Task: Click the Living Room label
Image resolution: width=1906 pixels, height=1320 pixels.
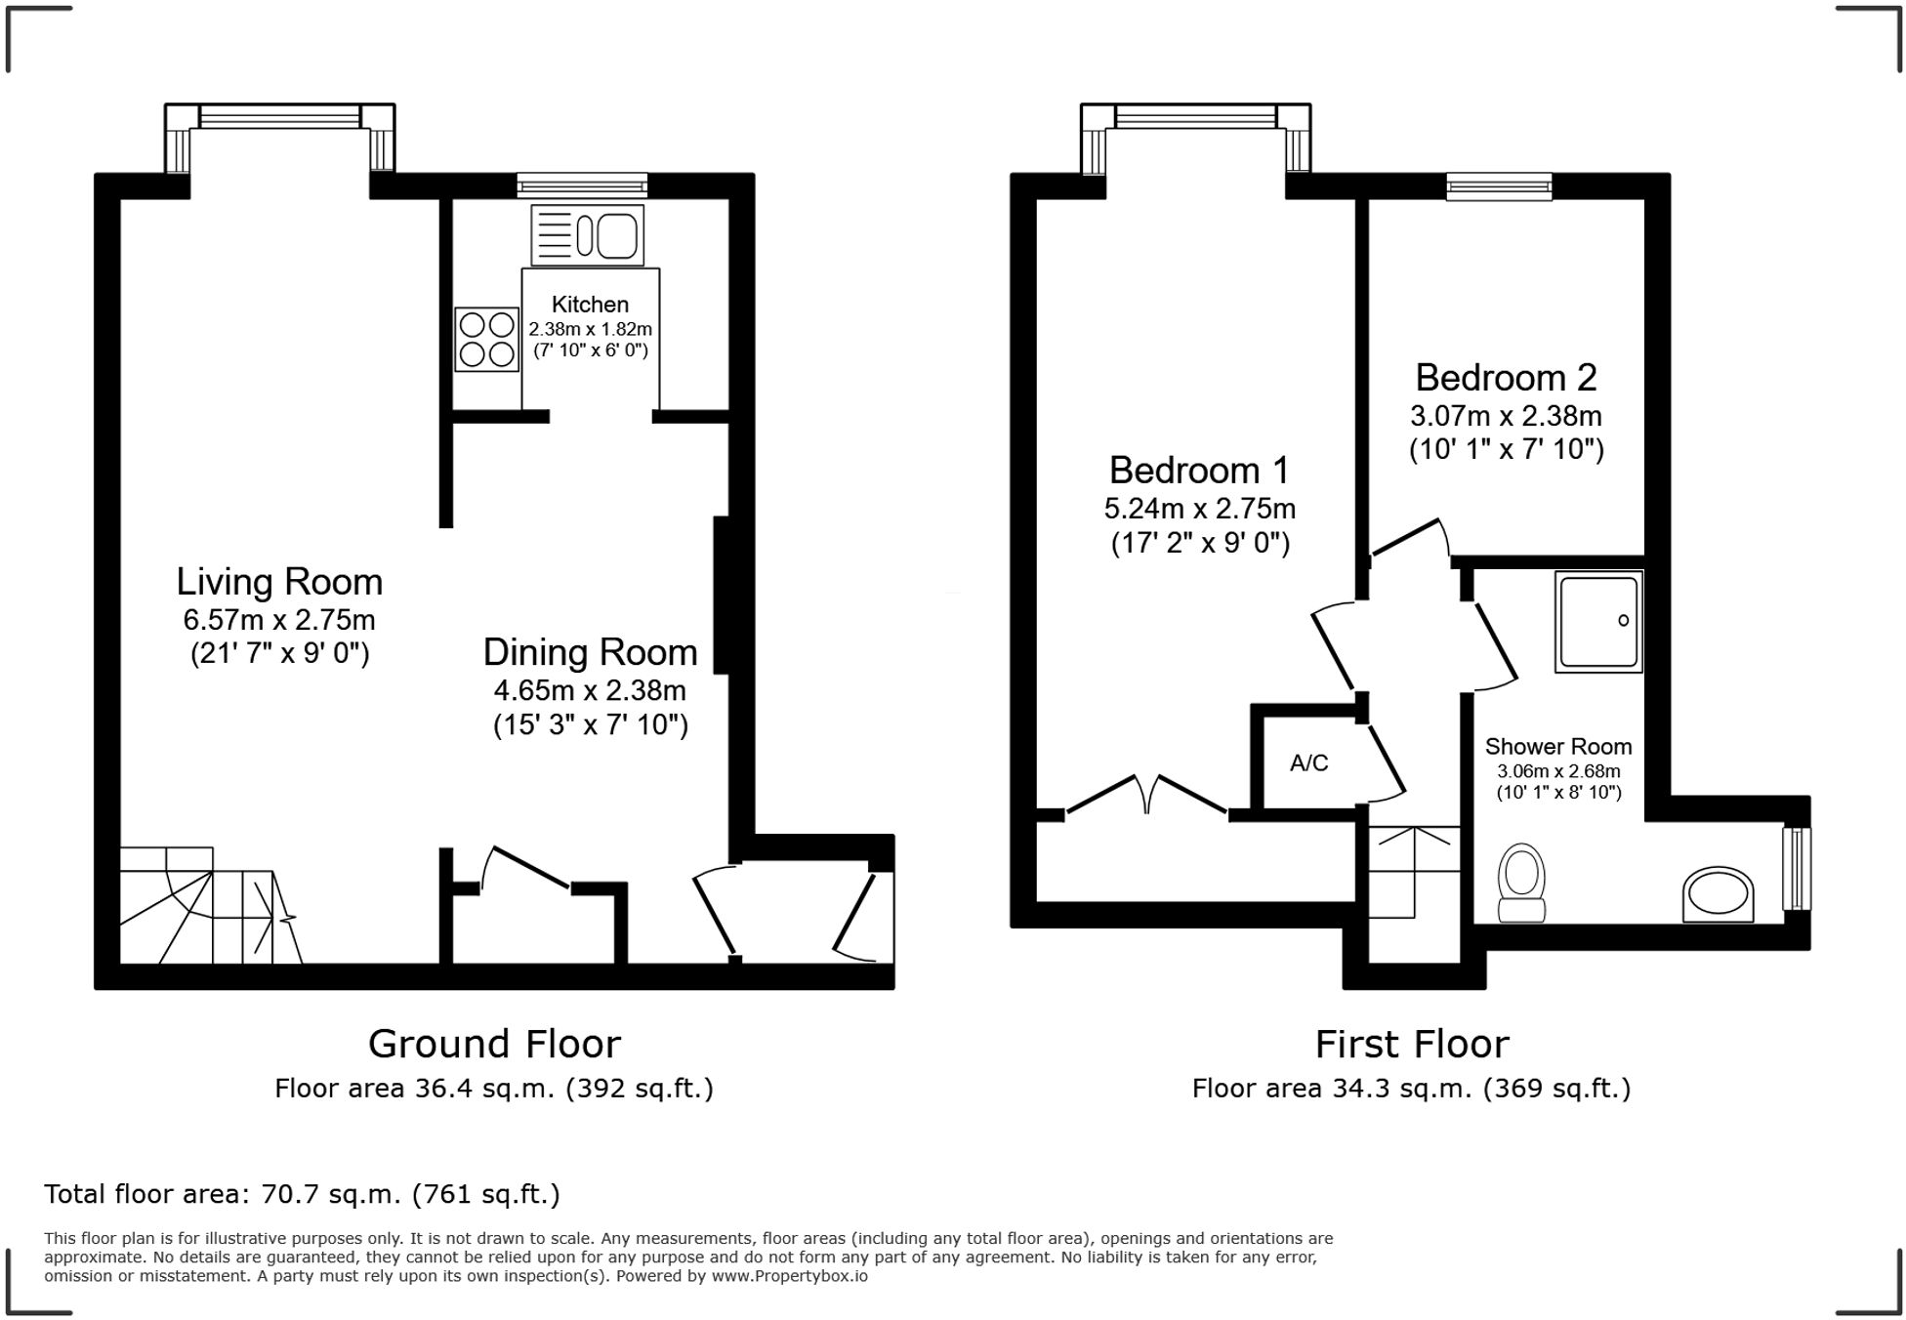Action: (279, 582)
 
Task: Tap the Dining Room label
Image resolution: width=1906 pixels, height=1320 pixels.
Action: (591, 652)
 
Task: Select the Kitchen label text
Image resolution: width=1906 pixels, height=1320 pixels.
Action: (590, 305)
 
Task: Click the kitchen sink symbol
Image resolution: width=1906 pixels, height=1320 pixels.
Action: (588, 235)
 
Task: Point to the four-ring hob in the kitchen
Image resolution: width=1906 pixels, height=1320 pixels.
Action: (486, 339)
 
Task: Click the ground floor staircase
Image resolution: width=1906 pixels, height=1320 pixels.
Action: (211, 905)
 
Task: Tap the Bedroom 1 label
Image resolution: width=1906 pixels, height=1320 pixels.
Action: (1199, 471)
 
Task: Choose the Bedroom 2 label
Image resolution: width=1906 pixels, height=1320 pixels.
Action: (1506, 378)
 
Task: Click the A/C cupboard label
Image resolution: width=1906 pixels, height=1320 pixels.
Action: (1308, 763)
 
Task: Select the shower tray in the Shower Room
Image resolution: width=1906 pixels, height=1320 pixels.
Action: (1598, 622)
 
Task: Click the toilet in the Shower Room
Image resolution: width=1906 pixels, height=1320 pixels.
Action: (1521, 883)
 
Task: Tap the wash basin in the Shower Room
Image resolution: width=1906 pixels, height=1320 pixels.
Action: (1719, 893)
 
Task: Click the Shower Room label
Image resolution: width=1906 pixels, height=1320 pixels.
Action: (1558, 747)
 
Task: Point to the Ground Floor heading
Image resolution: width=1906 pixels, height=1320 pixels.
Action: (494, 1045)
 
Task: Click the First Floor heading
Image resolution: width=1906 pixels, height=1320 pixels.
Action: (1412, 1045)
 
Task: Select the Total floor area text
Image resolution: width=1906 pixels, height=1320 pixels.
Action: (302, 1194)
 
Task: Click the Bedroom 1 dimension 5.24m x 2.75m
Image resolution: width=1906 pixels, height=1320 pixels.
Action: (1199, 509)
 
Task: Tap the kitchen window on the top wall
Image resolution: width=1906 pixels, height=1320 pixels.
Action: (582, 186)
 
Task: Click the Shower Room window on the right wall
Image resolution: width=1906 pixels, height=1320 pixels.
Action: (1797, 869)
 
